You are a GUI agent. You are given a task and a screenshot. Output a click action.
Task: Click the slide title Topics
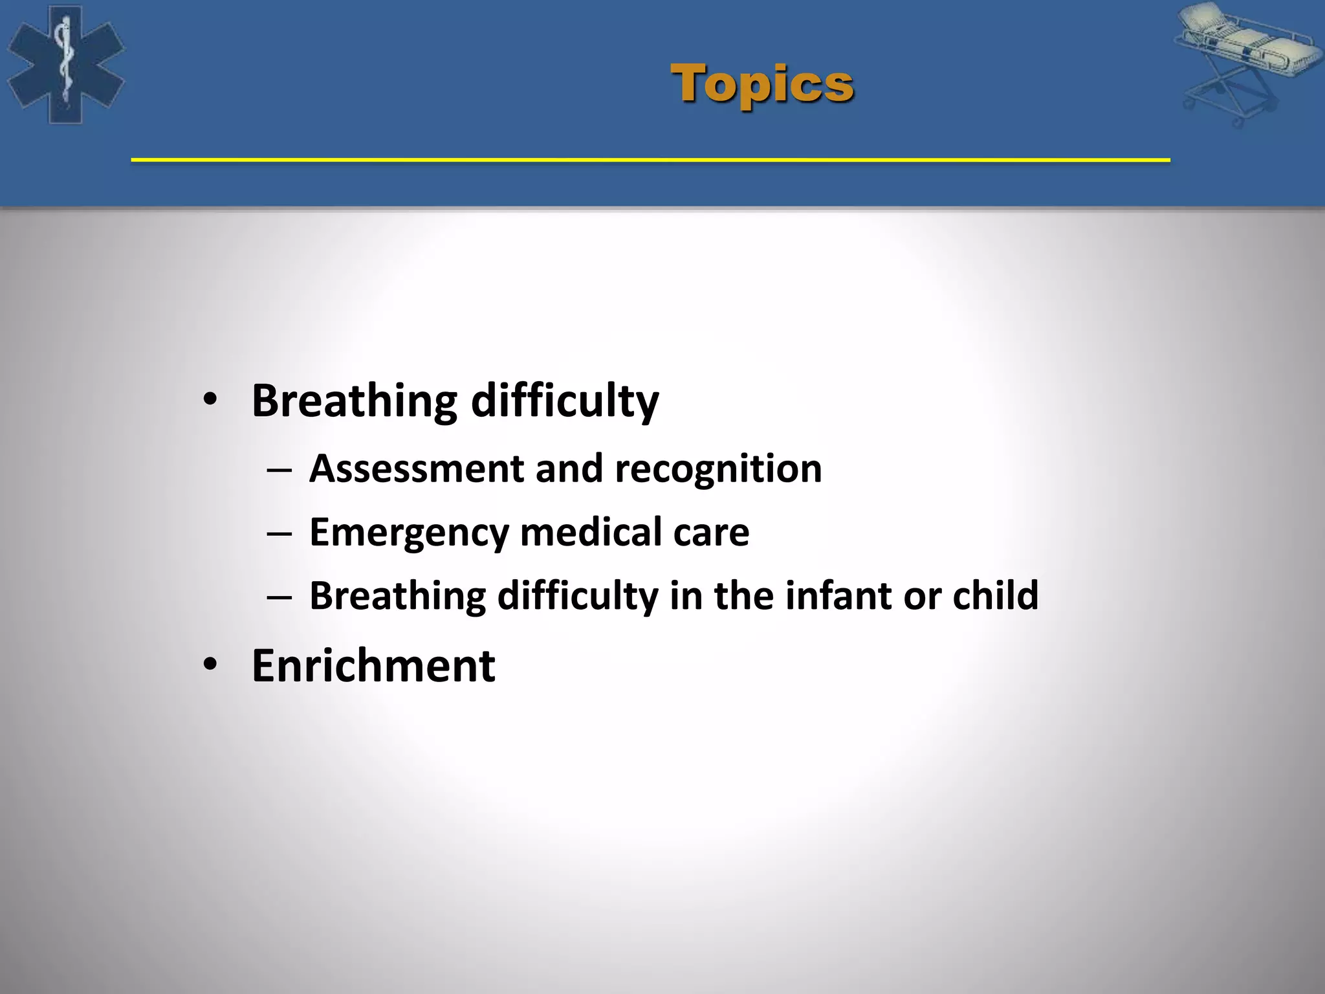[x=762, y=84]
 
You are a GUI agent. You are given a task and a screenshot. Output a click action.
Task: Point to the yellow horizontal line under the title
[x=650, y=160]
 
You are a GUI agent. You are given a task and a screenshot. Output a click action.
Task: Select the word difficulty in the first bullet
[x=564, y=401]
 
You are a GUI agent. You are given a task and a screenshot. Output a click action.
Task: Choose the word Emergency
[x=409, y=533]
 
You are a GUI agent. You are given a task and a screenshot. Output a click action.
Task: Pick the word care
[x=711, y=533]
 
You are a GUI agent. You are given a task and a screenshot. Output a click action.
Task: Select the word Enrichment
[x=373, y=666]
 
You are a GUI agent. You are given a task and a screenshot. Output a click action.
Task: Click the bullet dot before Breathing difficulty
[x=210, y=400]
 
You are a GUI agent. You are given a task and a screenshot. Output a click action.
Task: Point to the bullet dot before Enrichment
[x=210, y=665]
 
